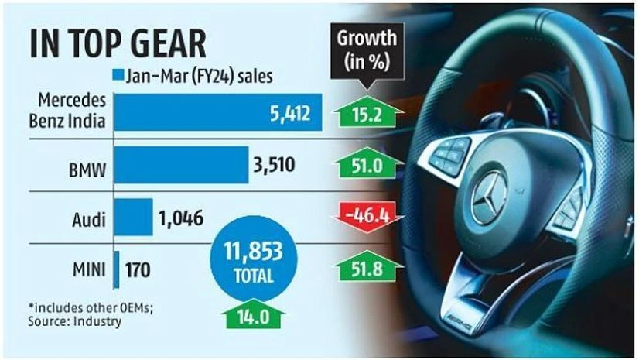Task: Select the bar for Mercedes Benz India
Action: [217, 115]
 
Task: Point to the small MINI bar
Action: [116, 270]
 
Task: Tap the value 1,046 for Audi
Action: [181, 218]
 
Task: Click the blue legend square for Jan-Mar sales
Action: [118, 76]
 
